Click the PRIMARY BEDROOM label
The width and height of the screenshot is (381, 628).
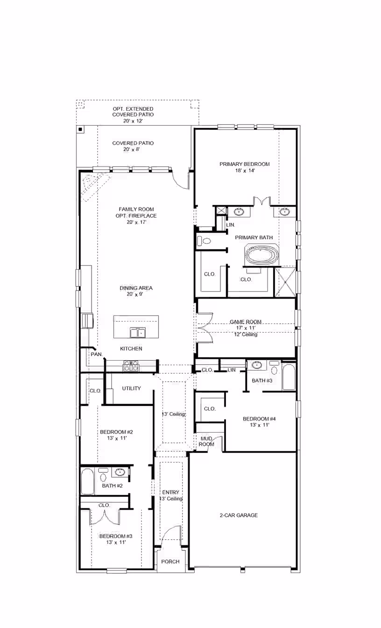click(244, 164)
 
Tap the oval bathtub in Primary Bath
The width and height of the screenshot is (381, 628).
click(262, 255)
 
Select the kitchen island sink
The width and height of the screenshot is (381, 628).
click(138, 333)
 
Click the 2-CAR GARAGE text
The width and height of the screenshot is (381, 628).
click(239, 515)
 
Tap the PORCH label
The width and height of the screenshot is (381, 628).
click(170, 562)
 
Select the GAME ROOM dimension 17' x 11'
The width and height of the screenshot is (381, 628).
click(246, 328)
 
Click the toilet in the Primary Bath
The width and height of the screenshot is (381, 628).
click(204, 241)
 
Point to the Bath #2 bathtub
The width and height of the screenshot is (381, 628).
click(87, 481)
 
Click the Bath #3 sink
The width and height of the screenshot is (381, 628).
click(256, 365)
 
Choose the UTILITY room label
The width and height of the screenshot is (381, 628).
click(131, 388)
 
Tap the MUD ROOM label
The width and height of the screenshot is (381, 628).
click(206, 441)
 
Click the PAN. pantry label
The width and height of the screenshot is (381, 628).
click(97, 354)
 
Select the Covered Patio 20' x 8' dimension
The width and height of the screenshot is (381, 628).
click(131, 149)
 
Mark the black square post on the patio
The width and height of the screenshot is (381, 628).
click(80, 129)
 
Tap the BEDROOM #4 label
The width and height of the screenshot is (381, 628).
click(259, 419)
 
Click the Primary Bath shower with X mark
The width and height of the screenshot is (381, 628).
click(285, 282)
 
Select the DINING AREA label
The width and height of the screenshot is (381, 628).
click(136, 288)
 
